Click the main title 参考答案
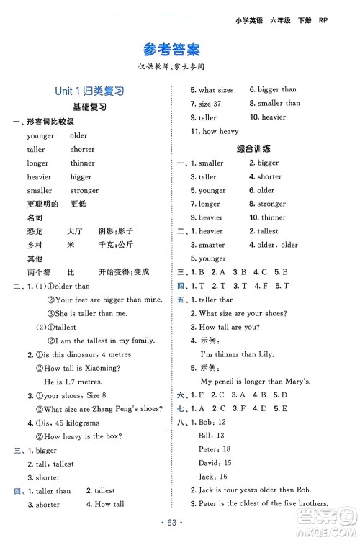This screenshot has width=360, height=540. [171, 50]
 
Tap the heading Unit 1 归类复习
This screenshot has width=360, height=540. [89, 91]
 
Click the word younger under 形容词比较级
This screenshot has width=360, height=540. [40, 135]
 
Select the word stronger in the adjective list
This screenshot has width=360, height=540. [85, 191]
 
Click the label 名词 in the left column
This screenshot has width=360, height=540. [34, 217]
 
